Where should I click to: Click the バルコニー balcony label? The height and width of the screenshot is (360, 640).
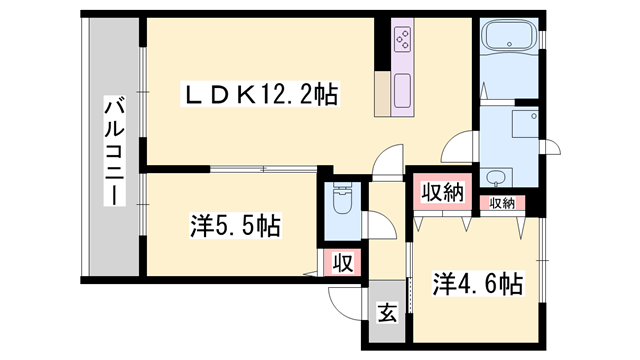(x=112, y=151)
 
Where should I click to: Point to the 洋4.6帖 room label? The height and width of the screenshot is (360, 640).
(x=477, y=283)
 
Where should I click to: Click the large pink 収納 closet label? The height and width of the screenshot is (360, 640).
(x=441, y=191)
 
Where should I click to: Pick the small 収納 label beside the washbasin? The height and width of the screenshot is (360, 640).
(x=501, y=203)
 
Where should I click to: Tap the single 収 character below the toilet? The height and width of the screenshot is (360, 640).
(x=341, y=264)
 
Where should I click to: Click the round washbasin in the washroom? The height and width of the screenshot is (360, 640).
(x=497, y=179)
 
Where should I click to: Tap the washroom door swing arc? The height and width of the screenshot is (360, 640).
(x=459, y=155)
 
